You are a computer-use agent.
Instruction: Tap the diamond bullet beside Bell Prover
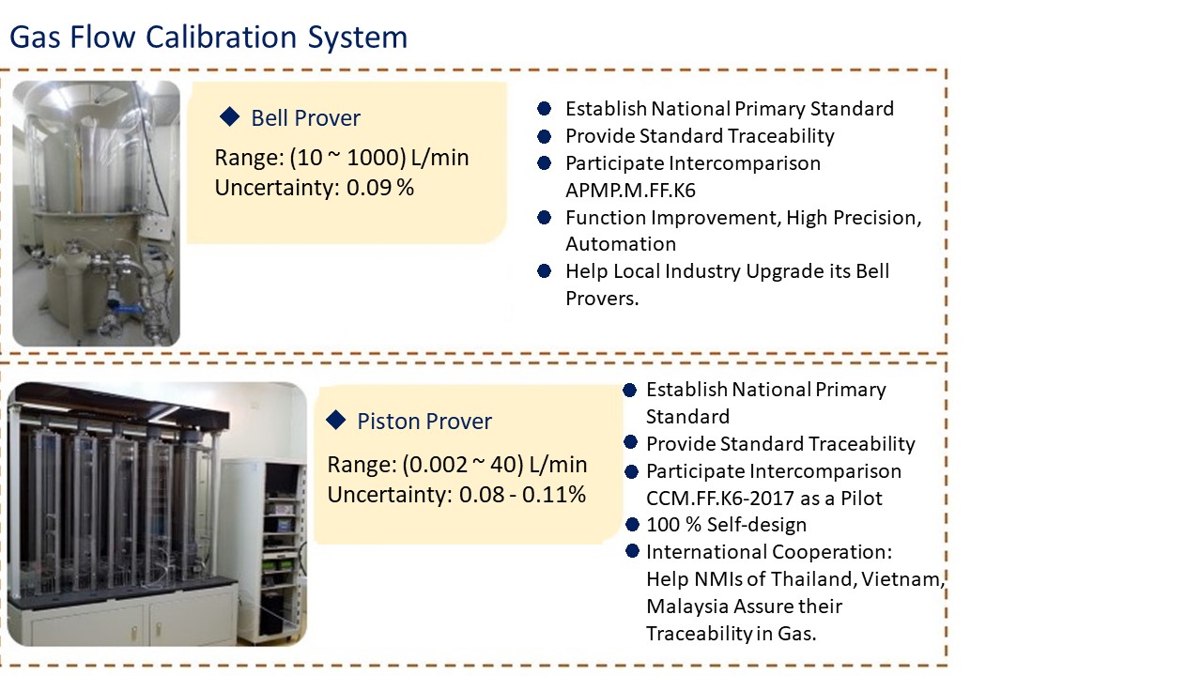coord(229,116)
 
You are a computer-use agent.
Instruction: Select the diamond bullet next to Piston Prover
coord(335,420)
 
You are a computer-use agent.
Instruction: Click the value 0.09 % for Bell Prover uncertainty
coord(380,188)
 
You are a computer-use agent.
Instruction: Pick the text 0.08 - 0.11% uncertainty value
coord(522,495)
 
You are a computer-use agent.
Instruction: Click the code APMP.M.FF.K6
coord(630,191)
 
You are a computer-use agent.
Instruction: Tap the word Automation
coord(620,244)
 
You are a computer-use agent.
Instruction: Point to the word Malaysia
coord(685,607)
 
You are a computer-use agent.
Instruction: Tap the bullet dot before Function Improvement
coord(544,218)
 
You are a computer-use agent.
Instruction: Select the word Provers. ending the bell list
coord(602,299)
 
